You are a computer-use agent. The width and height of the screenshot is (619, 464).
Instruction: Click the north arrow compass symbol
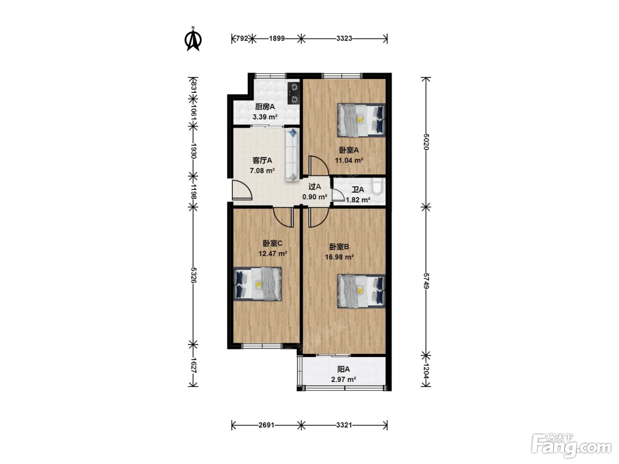point(193,39)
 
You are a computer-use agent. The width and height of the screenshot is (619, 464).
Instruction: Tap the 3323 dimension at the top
point(344,38)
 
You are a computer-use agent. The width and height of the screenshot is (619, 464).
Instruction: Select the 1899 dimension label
point(277,38)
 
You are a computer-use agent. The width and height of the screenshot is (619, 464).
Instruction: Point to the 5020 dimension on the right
point(426,142)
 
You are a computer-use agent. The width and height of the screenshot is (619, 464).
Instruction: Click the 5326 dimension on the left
point(194,275)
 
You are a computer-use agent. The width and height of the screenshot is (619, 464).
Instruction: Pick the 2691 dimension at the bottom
point(267,425)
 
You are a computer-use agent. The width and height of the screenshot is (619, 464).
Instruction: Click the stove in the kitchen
point(294,93)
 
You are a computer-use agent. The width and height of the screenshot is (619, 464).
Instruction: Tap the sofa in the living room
point(292,155)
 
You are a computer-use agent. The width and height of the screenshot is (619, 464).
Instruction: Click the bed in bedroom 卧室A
point(361,120)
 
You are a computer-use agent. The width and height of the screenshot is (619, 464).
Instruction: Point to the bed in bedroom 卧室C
point(257,284)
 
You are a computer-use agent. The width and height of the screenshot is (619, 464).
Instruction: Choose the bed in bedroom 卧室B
point(361,291)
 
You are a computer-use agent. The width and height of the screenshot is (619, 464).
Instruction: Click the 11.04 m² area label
point(349,160)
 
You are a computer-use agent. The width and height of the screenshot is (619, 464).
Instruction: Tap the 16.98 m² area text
point(339,257)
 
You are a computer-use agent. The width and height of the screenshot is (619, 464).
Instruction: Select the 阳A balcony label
point(344,369)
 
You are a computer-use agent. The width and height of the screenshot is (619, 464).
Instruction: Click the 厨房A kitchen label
point(265,107)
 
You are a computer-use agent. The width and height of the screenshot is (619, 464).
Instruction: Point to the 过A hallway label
point(314,186)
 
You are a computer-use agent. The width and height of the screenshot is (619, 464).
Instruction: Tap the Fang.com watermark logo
point(571,446)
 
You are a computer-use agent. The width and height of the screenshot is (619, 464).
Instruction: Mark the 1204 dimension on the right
point(426,371)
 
